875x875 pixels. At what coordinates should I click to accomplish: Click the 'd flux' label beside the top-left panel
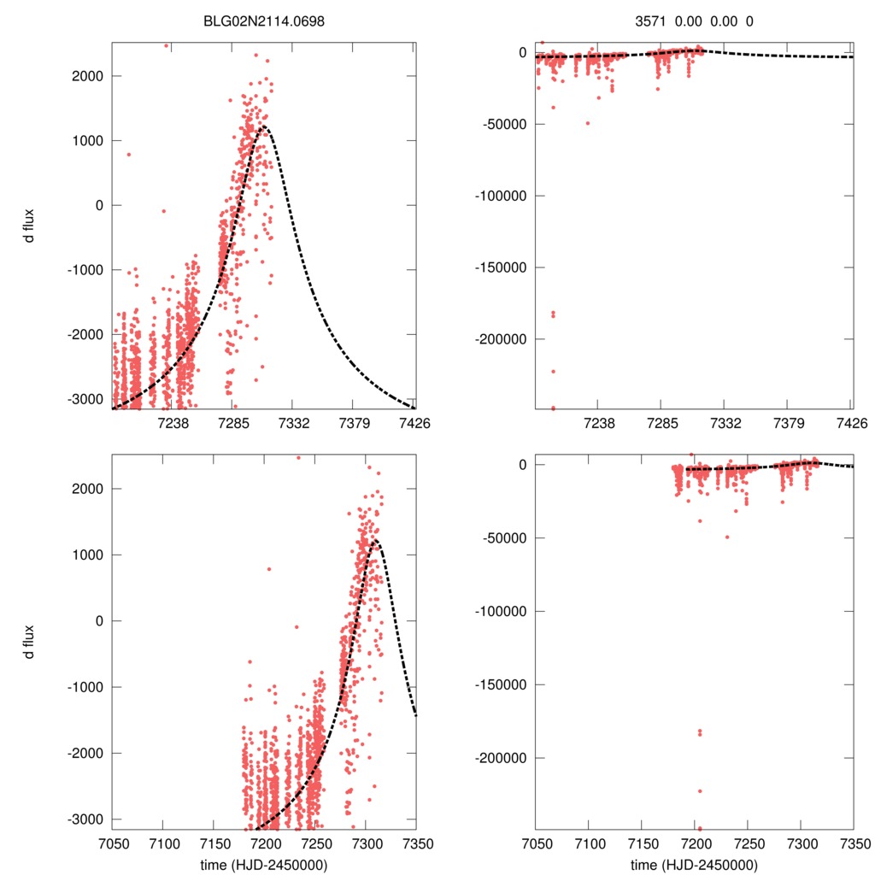click(x=30, y=226)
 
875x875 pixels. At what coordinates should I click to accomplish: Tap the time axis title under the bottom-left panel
click(x=264, y=864)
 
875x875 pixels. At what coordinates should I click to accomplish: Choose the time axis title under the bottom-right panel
click(x=695, y=864)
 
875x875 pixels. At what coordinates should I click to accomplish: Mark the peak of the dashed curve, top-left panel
click(x=264, y=126)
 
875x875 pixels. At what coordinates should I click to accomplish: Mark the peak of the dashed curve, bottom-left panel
click(x=376, y=541)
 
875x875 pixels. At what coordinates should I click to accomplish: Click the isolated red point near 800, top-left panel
click(x=129, y=154)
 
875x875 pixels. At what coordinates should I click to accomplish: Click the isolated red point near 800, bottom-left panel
click(x=269, y=568)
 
